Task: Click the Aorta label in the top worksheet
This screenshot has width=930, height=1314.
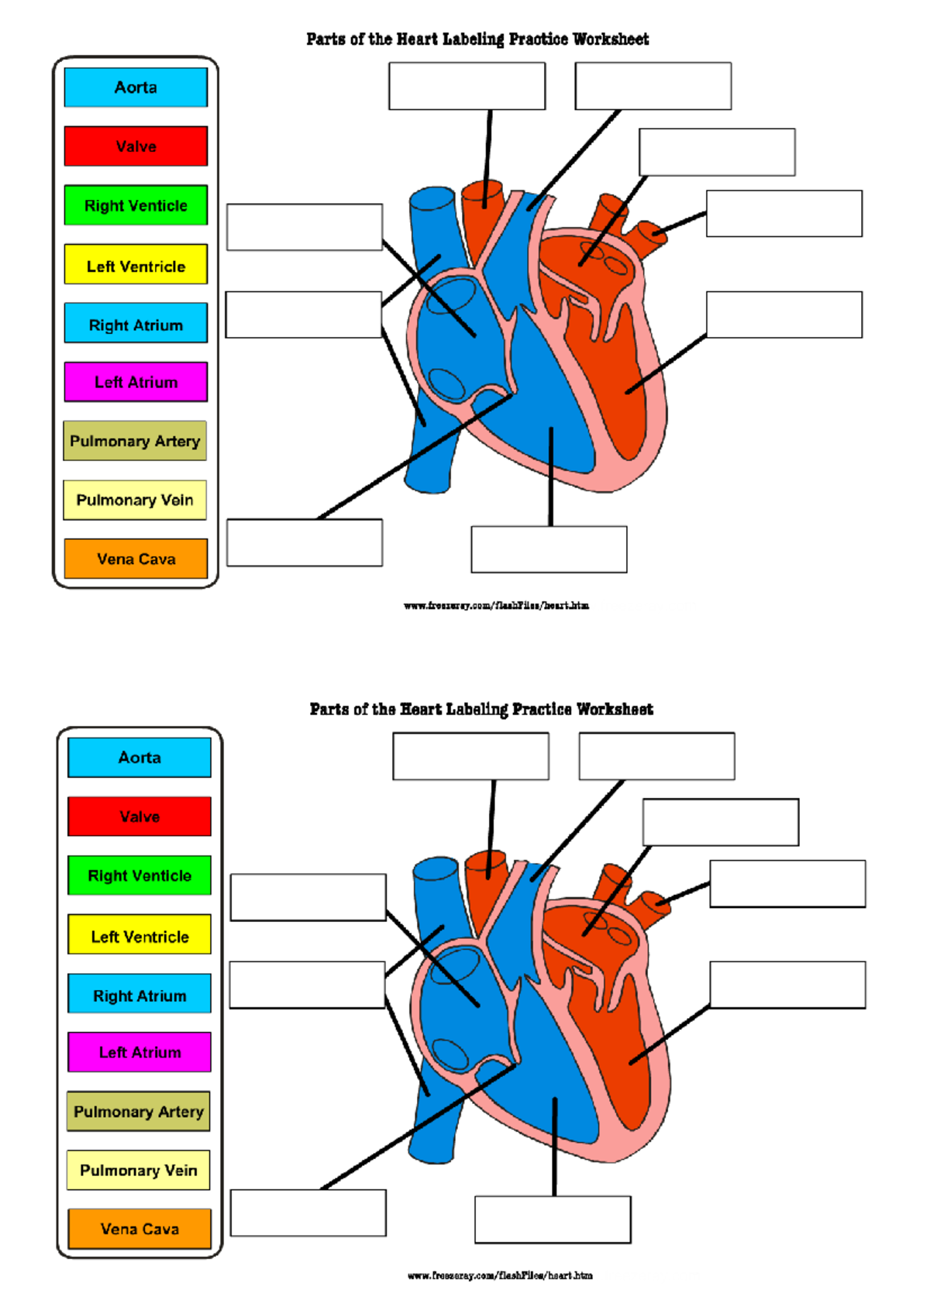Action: click(x=136, y=88)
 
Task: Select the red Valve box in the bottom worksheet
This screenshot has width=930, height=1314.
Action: click(x=139, y=817)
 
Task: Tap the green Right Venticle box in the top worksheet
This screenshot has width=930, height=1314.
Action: click(x=136, y=205)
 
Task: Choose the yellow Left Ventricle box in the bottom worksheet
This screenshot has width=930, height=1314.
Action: click(x=139, y=936)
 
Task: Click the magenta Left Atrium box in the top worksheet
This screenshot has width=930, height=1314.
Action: click(x=136, y=382)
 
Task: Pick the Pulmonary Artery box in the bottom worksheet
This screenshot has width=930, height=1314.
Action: click(x=138, y=1111)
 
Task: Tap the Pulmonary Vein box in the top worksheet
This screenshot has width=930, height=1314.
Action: click(x=135, y=500)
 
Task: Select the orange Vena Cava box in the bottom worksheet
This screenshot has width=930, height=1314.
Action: click(x=139, y=1229)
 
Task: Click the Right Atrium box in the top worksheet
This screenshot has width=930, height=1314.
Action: click(x=136, y=324)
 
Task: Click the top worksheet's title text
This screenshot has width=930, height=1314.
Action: click(x=477, y=40)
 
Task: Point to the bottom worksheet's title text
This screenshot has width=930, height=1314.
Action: click(x=481, y=710)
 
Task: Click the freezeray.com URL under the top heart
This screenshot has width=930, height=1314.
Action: click(x=496, y=606)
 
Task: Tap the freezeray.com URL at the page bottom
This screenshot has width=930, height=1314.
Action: click(x=500, y=1275)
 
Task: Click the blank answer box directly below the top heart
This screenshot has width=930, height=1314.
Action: click(x=549, y=550)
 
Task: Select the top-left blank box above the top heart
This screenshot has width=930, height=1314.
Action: click(x=467, y=86)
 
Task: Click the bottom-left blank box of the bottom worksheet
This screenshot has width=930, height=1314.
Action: click(x=308, y=1213)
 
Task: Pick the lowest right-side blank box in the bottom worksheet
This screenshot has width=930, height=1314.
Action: click(x=787, y=985)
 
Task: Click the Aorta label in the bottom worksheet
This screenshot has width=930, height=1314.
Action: click(x=139, y=757)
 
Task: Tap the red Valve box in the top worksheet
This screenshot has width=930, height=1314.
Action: click(x=136, y=146)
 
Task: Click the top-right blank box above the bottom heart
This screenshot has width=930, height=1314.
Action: click(x=656, y=756)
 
